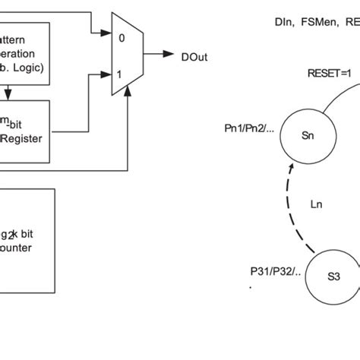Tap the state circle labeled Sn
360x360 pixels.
(308, 137)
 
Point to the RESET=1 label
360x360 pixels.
(329, 74)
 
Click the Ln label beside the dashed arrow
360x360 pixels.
(320, 204)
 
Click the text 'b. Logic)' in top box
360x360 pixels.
(23, 68)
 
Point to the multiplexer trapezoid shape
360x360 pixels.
(124, 55)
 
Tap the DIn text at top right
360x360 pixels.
(285, 23)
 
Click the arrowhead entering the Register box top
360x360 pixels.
(8, 96)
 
